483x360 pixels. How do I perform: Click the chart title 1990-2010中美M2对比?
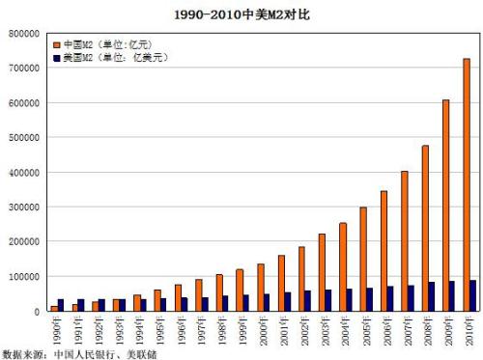tap(242, 14)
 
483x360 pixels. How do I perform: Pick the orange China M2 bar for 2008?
tap(425, 229)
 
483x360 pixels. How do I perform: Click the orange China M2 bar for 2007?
tap(404, 241)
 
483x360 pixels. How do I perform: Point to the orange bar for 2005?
tap(362, 260)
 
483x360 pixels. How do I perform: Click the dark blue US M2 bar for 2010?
tap(473, 295)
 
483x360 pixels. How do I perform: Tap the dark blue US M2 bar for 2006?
tap(390, 298)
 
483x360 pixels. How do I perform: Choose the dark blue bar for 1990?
tap(61, 305)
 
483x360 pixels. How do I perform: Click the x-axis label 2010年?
tap(469, 327)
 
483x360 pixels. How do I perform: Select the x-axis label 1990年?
tap(57, 327)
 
